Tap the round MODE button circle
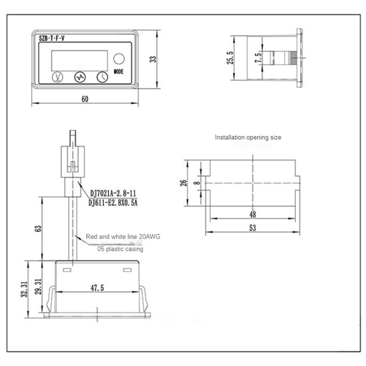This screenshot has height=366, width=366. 118,59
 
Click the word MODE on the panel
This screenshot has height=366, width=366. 118,71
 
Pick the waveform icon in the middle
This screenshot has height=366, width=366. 80,77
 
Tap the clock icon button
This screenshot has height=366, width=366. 102,77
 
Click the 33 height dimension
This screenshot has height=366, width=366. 153,59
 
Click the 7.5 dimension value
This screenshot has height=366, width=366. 258,58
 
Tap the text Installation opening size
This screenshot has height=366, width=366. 248,137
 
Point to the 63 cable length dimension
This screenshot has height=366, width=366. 38,227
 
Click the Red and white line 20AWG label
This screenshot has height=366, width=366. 123,237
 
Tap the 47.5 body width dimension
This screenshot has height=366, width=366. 96,288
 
